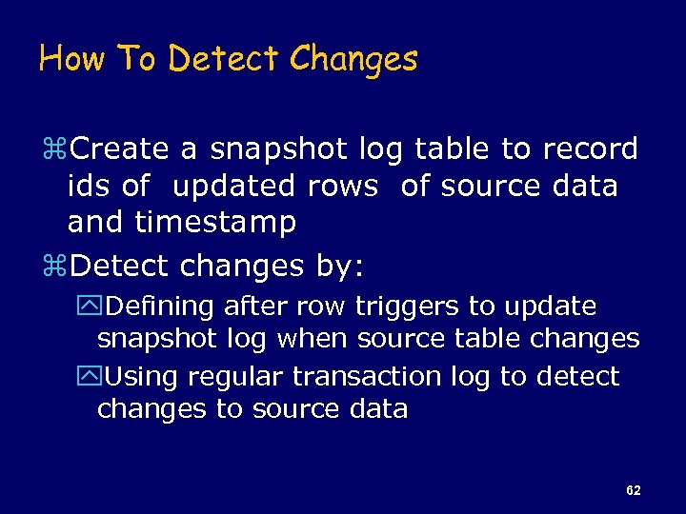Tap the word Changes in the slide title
[353, 59]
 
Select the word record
[591, 148]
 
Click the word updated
[233, 186]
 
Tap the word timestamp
[215, 223]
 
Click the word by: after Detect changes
[339, 266]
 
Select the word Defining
[159, 306]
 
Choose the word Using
[142, 377]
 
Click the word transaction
[368, 377]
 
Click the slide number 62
[634, 490]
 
